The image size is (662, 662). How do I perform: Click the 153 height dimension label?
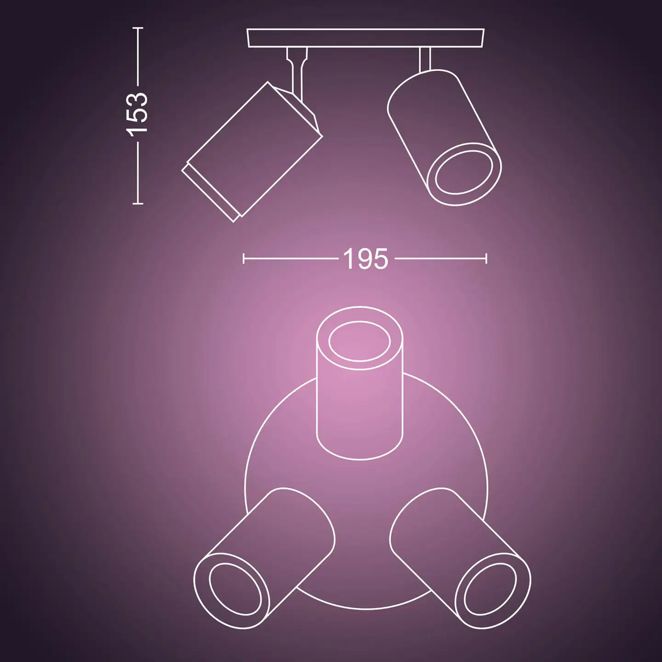click(x=137, y=114)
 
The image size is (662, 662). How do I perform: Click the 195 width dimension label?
click(x=365, y=258)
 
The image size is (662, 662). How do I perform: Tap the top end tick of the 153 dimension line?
click(x=138, y=28)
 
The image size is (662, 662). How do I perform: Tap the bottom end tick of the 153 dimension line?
click(x=138, y=203)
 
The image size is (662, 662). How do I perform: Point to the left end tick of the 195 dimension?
click(x=244, y=258)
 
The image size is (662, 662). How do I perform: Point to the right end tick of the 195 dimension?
click(x=486, y=258)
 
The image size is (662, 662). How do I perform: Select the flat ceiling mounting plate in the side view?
click(x=366, y=38)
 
